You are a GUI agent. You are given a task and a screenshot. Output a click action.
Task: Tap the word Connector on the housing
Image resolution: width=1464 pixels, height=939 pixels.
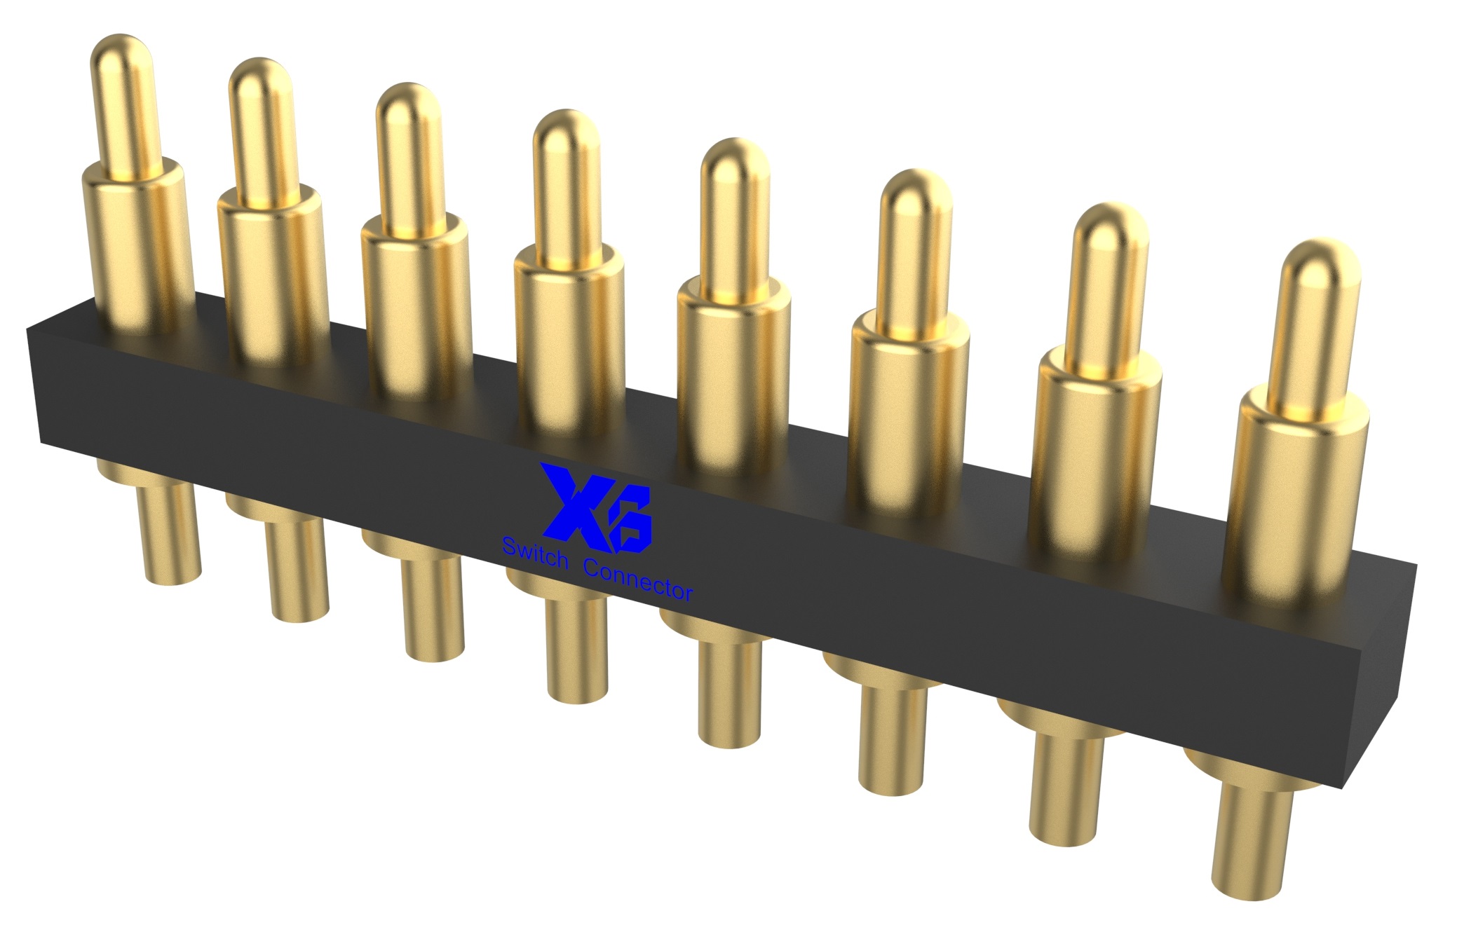638,579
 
